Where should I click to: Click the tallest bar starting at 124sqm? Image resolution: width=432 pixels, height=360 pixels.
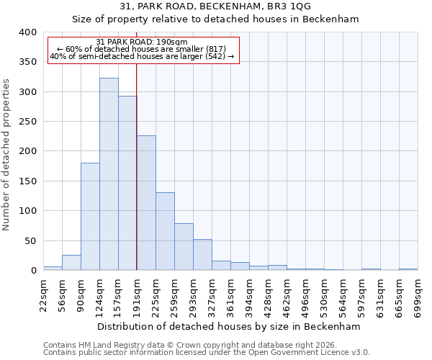(x=109, y=174)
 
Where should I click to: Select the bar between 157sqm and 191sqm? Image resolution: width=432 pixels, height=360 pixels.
(x=127, y=184)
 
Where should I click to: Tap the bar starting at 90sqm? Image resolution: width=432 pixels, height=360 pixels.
(x=90, y=217)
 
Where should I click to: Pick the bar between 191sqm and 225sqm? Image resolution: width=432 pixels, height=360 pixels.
(x=146, y=203)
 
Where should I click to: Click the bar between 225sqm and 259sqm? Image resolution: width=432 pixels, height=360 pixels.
(x=165, y=231)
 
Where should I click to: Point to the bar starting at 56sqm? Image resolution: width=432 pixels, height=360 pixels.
(x=71, y=263)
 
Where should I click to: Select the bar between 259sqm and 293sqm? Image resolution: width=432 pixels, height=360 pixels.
(x=184, y=247)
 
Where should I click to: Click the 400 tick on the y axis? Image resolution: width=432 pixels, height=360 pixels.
(x=27, y=32)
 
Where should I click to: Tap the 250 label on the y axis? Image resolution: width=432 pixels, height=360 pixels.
(x=27, y=122)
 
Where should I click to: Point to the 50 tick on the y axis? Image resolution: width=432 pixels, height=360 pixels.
(x=30, y=240)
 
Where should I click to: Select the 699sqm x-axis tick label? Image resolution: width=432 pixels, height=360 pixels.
(x=418, y=296)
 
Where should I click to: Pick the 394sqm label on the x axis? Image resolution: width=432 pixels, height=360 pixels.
(x=250, y=296)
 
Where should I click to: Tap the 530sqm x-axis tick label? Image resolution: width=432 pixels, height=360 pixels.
(x=325, y=296)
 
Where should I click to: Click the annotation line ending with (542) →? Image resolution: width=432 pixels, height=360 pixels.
(x=142, y=56)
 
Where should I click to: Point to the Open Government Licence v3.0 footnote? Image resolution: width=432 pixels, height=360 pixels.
(x=207, y=352)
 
